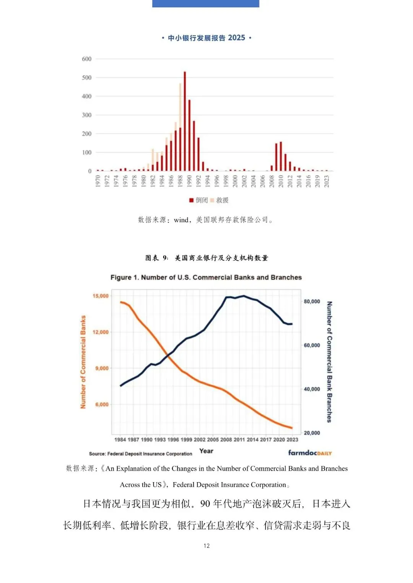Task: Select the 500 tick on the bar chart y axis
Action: [x=87, y=78]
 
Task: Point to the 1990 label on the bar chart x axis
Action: [x=189, y=181]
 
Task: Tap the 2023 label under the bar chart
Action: [x=326, y=181]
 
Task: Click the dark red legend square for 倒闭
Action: [x=191, y=200]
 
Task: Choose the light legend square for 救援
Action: [x=212, y=200]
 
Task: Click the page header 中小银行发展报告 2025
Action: [x=206, y=38]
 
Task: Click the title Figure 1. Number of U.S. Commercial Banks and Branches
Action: [x=206, y=278]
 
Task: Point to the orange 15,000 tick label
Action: [x=101, y=296]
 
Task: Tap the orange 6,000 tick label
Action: [x=102, y=404]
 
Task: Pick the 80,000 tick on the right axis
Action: [x=312, y=302]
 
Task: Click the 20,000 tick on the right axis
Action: [x=312, y=433]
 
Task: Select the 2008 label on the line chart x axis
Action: [x=226, y=440]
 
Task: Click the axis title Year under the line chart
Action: [x=206, y=451]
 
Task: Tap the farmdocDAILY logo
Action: [x=310, y=453]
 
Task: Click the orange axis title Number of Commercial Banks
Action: [x=83, y=362]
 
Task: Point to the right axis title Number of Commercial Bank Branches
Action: [x=329, y=362]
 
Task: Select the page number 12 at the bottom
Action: [x=206, y=546]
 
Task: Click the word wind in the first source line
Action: [x=181, y=220]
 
